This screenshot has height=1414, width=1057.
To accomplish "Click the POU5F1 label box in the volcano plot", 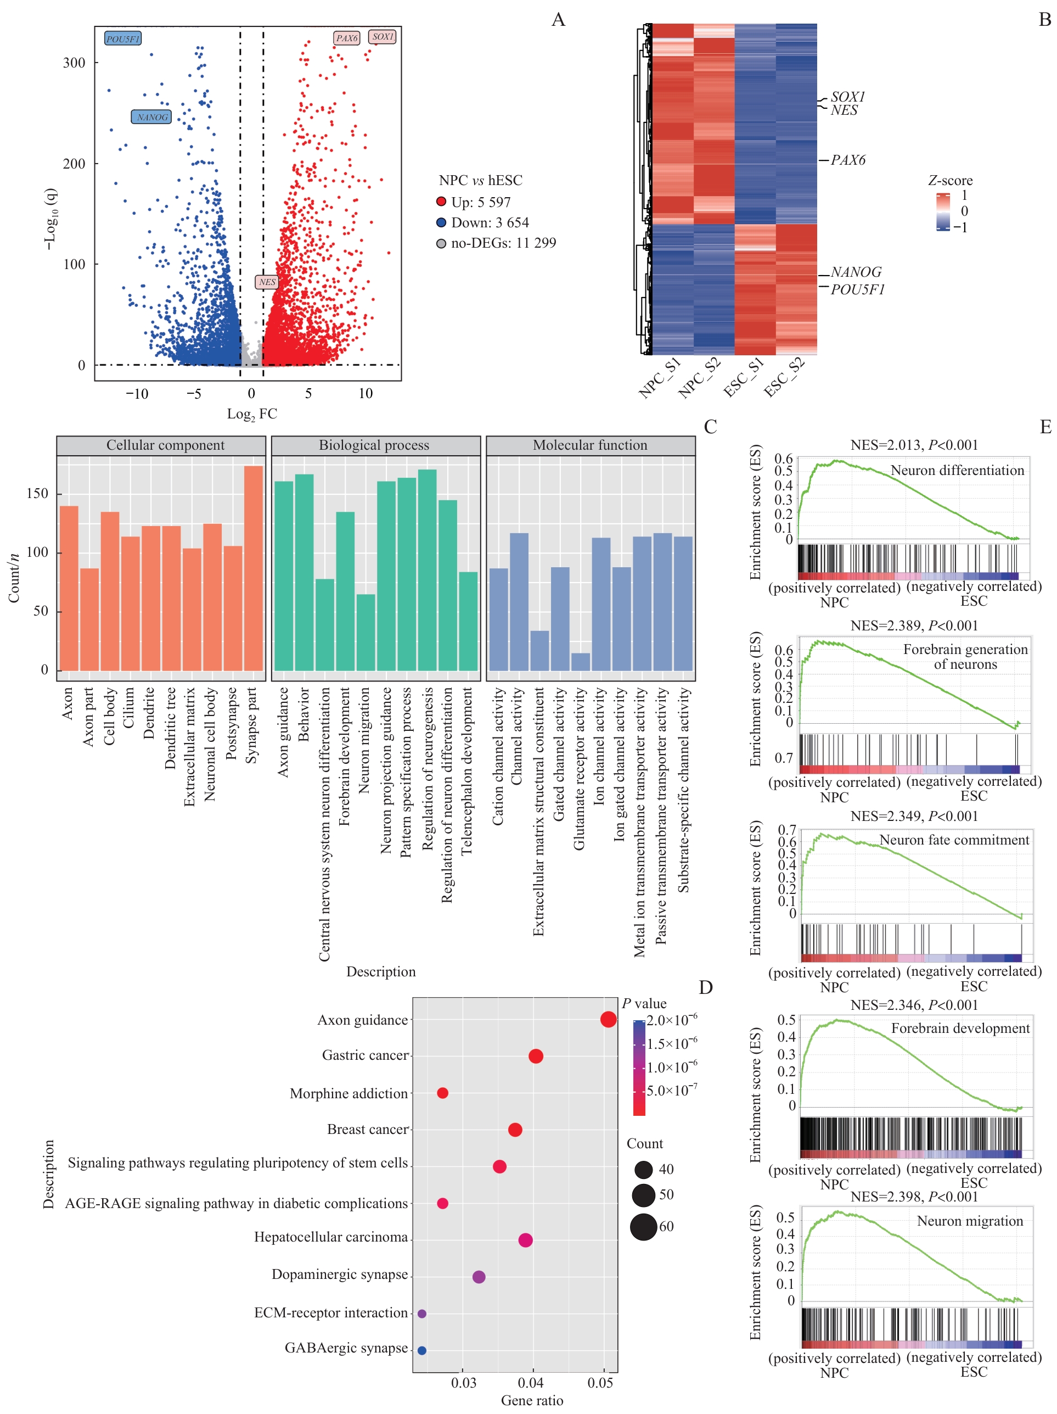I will pos(123,39).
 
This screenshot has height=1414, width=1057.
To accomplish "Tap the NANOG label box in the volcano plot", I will pos(151,117).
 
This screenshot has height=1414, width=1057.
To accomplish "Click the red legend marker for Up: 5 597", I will pos(441,202).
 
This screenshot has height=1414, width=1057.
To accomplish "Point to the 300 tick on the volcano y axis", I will pos(74,63).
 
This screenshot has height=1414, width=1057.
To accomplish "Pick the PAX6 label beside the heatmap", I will pos(847,160).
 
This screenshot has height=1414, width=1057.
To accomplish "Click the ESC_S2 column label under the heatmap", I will pos(785,377).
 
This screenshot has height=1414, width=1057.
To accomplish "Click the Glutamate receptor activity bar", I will pos(580,662).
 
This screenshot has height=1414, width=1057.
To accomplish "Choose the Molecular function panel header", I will pos(590,445).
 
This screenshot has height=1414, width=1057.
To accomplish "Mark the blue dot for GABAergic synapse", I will pos(422,1350).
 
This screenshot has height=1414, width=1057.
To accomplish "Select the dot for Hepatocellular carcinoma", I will pos(525,1240).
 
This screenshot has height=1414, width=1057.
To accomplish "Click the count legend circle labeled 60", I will pos(644,1227).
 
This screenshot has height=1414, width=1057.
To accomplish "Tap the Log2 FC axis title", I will pos(252,413).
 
